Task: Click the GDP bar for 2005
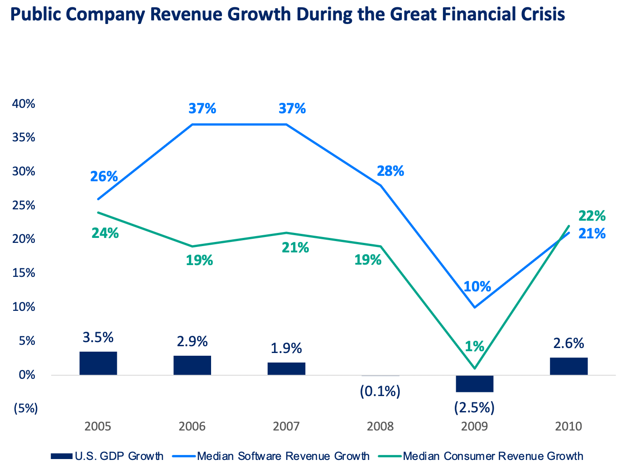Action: click(98, 363)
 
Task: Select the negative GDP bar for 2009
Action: click(474, 383)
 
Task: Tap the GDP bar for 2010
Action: click(568, 366)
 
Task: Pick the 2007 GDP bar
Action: click(286, 368)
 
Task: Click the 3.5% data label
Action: click(98, 338)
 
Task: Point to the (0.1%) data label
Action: click(380, 391)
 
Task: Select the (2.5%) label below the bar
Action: click(474, 407)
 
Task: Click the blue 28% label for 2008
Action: click(390, 171)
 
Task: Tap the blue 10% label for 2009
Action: click(477, 286)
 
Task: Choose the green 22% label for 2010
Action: click(592, 215)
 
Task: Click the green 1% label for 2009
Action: click(474, 347)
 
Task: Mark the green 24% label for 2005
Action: click(105, 233)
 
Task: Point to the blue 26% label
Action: click(104, 176)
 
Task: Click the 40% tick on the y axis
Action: click(24, 104)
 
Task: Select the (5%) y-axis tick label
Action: click(25, 408)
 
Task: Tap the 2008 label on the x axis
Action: click(380, 426)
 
